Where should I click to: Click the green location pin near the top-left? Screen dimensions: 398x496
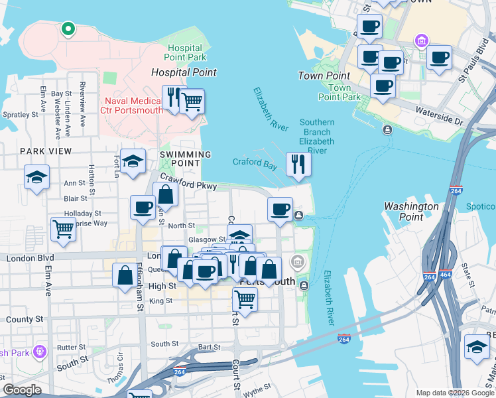[67, 29]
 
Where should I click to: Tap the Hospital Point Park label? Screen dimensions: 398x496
[186, 53]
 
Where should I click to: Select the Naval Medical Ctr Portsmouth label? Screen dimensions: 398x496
[132, 105]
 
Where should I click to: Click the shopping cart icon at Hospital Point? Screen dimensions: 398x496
[192, 101]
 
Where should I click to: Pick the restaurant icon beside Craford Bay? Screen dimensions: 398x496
[298, 163]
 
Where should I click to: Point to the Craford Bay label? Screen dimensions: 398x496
[254, 162]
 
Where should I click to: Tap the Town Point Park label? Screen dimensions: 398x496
[340, 92]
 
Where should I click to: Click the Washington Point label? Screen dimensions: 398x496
[411, 212]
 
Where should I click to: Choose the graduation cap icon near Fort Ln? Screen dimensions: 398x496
[133, 161]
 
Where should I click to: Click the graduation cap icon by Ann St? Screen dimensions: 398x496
[37, 177]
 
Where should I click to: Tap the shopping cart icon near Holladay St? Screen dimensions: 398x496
[63, 229]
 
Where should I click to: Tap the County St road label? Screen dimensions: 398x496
[25, 319]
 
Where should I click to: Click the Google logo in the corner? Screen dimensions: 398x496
[22, 390]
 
